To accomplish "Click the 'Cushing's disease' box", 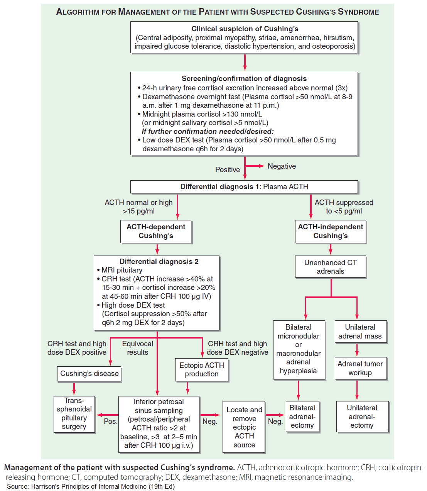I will tap(89, 374).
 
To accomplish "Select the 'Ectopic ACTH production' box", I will tap(201, 369).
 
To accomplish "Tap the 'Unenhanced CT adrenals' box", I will tap(330, 267).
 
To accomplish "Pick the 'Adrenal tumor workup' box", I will tap(360, 368).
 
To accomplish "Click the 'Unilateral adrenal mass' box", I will tap(360, 332).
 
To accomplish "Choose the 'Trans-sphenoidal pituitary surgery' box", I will tap(74, 414).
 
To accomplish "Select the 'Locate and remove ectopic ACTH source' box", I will tap(244, 427).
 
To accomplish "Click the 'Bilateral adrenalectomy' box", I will tap(302, 417).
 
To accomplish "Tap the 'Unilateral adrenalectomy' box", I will tap(362, 417).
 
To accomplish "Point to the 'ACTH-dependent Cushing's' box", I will tap(156, 231).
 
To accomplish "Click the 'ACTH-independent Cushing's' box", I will tap(330, 231).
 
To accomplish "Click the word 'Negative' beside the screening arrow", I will tap(282, 166).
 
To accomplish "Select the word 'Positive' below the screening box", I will tap(228, 170).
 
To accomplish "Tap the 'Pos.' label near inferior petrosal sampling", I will tap(110, 421).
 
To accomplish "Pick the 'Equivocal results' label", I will tap(138, 348).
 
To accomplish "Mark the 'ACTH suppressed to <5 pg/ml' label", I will tap(344, 207).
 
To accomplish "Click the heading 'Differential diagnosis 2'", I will tap(159, 262).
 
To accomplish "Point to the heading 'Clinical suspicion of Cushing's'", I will tap(245, 29).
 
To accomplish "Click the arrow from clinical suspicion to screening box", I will tap(245, 62).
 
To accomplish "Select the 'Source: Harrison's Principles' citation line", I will tap(91, 486).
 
